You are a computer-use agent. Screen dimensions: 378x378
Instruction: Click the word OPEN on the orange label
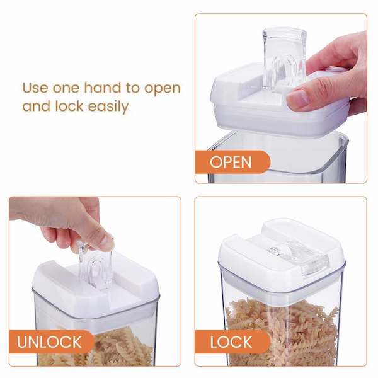point(231,162)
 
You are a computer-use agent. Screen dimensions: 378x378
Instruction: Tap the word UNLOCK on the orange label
point(49,341)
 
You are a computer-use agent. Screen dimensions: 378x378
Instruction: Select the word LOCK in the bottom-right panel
point(231,342)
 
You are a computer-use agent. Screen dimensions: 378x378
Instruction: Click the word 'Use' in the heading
point(35,88)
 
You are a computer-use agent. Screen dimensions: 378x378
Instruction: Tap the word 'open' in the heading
point(163,89)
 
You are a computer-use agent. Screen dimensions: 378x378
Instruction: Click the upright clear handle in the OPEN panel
point(285,59)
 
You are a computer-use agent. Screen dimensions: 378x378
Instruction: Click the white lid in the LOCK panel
point(282,253)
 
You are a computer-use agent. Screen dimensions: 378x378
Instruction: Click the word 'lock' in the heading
point(69,106)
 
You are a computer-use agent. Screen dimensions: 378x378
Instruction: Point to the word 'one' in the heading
point(66,89)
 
